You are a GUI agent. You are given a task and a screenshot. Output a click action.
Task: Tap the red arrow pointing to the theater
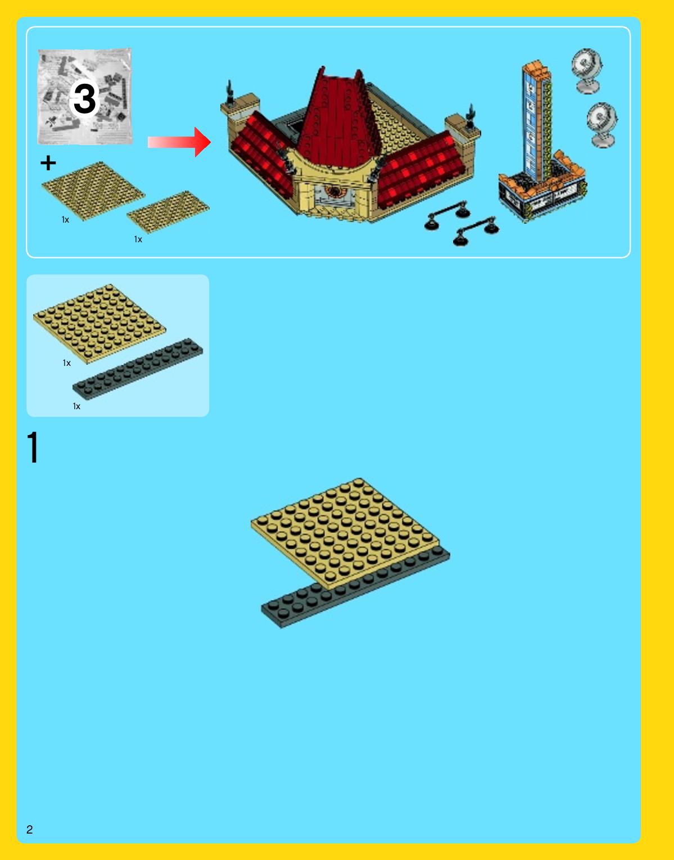[179, 142]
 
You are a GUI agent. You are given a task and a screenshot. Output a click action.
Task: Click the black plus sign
[48, 162]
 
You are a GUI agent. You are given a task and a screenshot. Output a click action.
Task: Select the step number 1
[33, 447]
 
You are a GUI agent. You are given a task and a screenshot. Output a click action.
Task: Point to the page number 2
[30, 829]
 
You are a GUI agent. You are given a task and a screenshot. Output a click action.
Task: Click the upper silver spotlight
[587, 71]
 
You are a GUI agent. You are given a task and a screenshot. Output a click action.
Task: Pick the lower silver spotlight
[602, 125]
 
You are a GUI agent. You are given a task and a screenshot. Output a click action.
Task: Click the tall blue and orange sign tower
[541, 142]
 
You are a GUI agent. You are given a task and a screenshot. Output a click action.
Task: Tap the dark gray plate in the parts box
[137, 369]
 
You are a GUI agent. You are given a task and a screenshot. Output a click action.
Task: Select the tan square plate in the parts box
[99, 324]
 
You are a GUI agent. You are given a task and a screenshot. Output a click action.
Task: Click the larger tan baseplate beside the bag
[93, 191]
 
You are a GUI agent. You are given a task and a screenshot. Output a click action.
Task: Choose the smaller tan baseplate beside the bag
[168, 212]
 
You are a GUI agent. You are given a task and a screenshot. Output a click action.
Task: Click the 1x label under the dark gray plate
[76, 406]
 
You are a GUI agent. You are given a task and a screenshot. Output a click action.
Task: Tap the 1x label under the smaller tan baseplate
[138, 239]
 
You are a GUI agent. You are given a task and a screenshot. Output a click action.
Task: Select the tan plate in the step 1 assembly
[345, 533]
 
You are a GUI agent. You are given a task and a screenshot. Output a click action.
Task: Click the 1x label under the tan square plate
[66, 363]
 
